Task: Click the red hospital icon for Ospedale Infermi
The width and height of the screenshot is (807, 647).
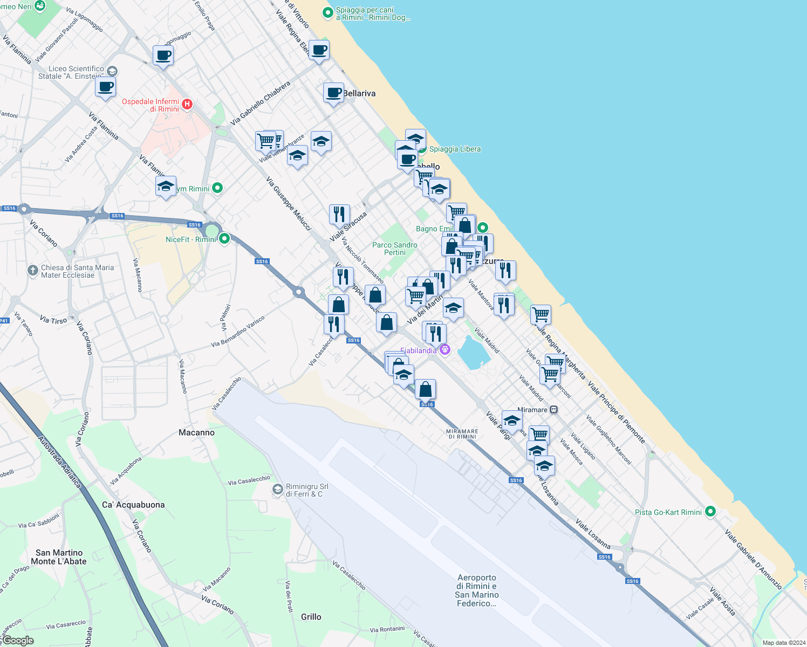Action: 187,105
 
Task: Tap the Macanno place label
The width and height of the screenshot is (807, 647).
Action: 196,432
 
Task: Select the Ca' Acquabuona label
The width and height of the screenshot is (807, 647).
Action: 133,505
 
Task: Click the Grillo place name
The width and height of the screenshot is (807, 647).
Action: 311,617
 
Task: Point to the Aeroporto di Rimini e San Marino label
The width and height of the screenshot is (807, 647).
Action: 477,590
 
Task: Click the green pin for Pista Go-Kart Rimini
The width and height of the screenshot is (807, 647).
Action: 710,512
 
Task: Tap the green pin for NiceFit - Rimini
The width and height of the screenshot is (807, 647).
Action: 224,238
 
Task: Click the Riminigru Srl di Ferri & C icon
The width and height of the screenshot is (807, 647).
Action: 278,489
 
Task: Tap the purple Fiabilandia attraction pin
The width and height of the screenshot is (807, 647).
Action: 445,350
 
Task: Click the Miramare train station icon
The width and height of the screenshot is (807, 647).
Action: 553,410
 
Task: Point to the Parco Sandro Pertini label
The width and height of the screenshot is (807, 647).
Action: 395,249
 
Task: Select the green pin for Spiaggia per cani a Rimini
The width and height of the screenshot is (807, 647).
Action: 327,12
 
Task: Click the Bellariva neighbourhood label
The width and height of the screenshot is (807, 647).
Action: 359,93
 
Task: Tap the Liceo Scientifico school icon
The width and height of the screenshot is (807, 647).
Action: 112,71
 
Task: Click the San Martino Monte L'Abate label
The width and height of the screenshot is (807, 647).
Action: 59,557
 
